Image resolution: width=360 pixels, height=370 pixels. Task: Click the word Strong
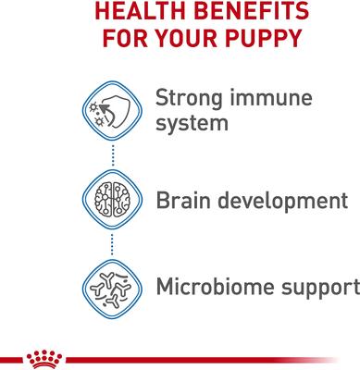(191, 97)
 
